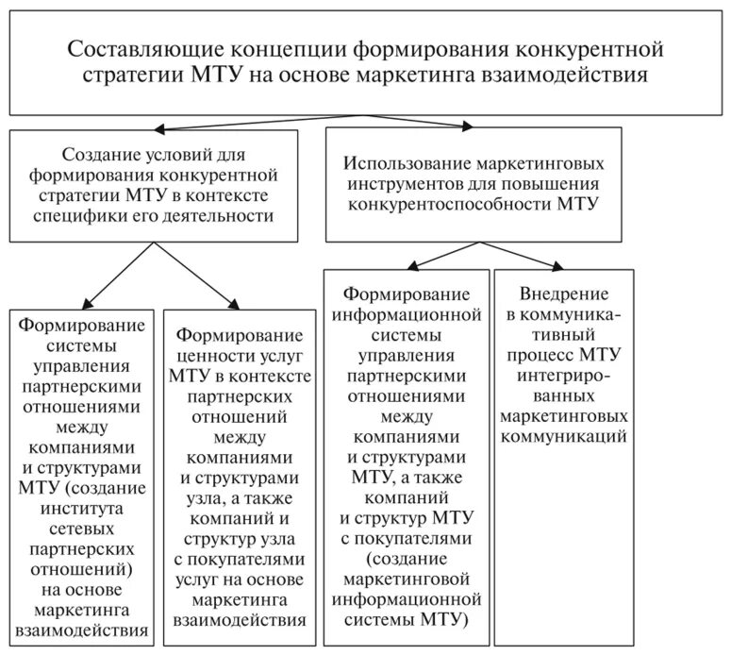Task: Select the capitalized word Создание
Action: pos(101,154)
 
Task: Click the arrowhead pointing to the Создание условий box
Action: pos(162,127)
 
